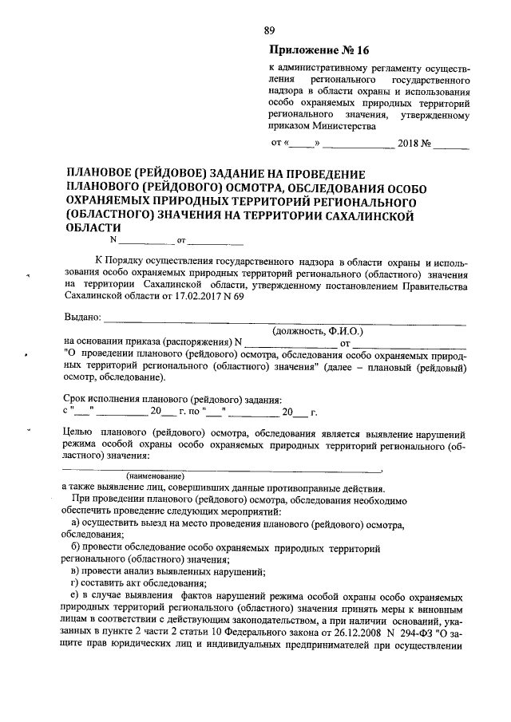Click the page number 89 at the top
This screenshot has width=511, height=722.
click(269, 30)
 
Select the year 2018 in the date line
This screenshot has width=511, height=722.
click(411, 144)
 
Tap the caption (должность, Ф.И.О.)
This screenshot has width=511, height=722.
click(318, 329)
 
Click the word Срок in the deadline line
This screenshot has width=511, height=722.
click(76, 400)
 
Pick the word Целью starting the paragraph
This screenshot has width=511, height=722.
click(79, 432)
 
